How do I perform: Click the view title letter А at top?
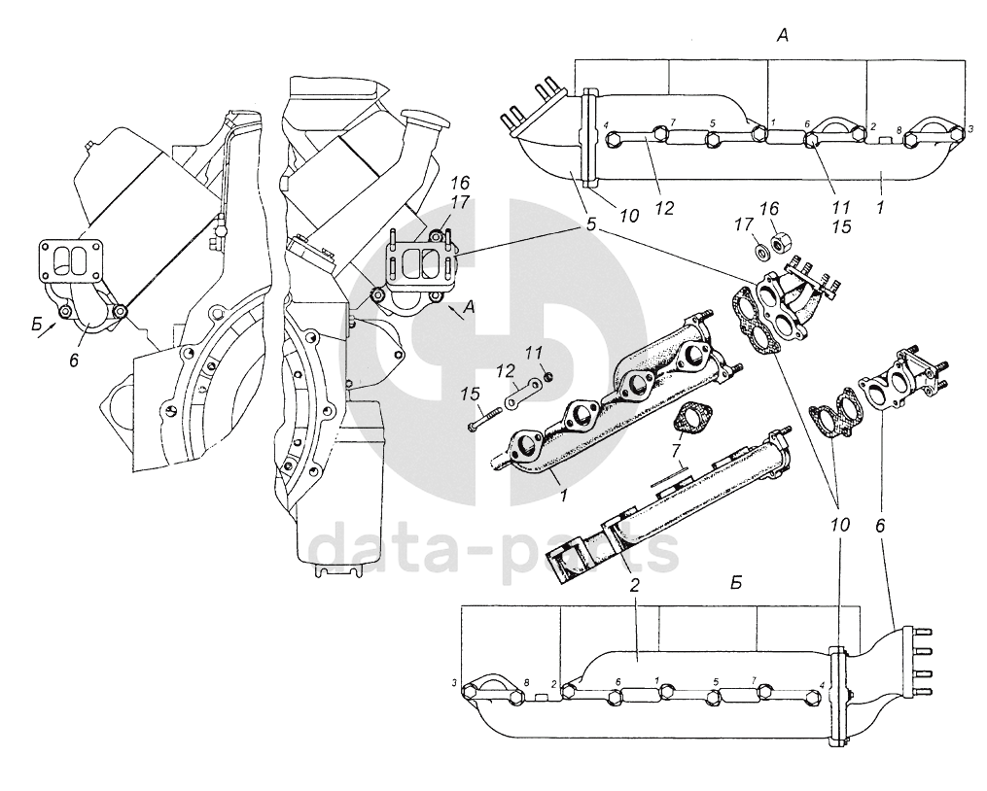(782, 36)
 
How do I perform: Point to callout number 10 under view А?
(628, 216)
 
